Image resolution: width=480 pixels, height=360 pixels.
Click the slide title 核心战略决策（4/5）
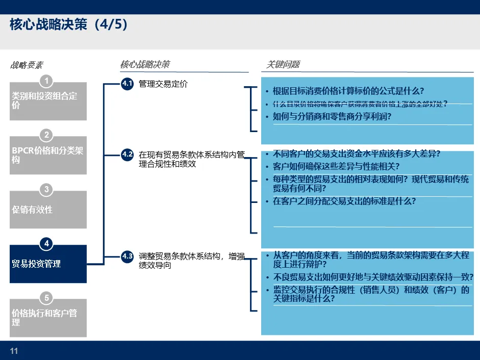(x=68, y=25)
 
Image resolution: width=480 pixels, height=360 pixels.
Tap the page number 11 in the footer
(x=14, y=351)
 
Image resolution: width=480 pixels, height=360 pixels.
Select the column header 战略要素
(x=27, y=65)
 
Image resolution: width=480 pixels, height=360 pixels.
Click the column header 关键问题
(x=283, y=64)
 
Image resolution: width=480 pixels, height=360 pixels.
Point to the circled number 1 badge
(x=46, y=81)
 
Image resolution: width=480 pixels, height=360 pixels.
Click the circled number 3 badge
(x=46, y=190)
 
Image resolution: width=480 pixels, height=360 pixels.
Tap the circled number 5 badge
(x=46, y=298)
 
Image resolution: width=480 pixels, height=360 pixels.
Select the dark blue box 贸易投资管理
(x=48, y=264)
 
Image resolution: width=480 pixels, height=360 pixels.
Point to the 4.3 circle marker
(x=127, y=256)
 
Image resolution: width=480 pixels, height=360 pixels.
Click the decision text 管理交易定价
(x=163, y=84)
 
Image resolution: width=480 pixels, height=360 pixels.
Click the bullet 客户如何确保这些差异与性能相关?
(x=336, y=167)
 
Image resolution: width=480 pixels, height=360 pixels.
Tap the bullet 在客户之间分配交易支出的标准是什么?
(x=344, y=201)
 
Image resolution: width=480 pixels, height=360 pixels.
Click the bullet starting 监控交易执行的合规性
(x=371, y=295)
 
